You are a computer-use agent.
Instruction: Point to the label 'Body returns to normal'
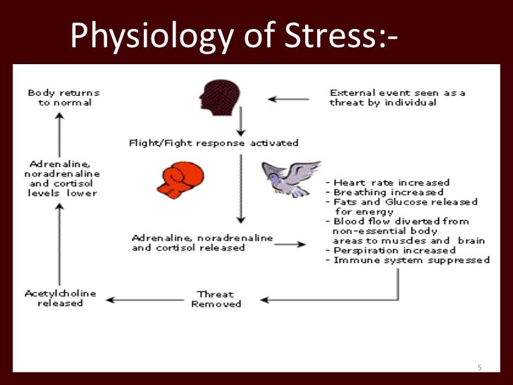[x=63, y=97]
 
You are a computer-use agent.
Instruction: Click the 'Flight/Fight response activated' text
[x=213, y=142]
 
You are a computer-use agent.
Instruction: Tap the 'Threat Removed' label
[x=216, y=298]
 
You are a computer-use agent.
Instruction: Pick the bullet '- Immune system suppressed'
[x=407, y=259]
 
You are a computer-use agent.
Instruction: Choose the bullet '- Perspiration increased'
[x=390, y=250]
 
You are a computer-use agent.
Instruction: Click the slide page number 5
[x=479, y=367]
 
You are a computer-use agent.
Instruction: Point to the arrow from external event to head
[x=288, y=99]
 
